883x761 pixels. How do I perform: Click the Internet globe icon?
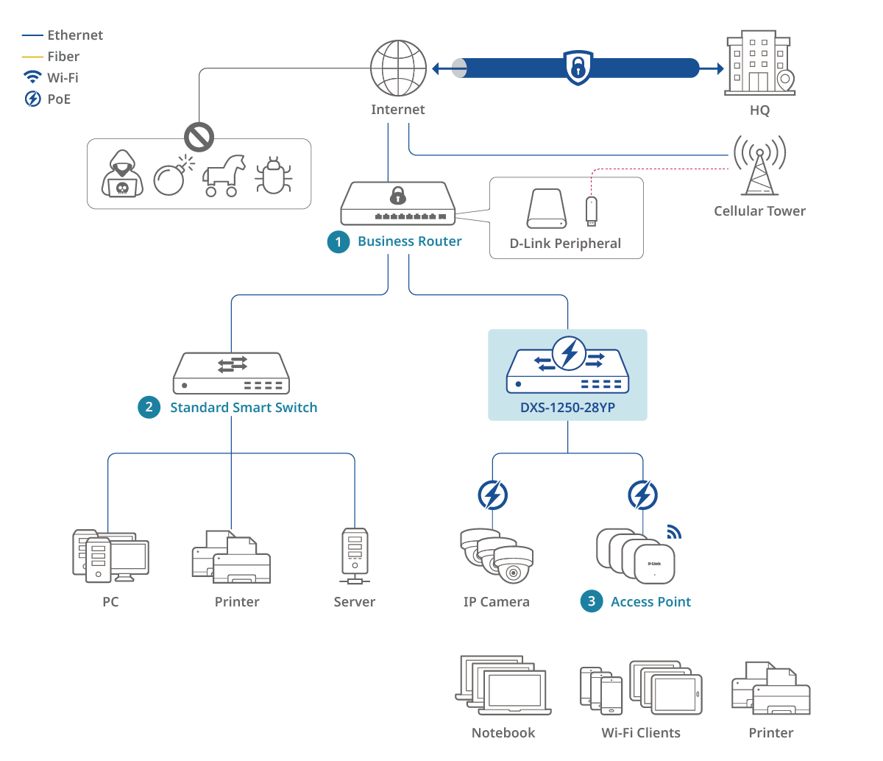(x=398, y=68)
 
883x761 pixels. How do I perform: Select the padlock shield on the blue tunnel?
(x=578, y=68)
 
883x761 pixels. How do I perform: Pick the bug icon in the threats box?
(x=274, y=176)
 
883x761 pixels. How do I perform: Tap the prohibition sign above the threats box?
(x=199, y=137)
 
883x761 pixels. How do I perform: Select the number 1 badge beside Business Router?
(x=338, y=242)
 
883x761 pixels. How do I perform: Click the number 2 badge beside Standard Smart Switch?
(x=149, y=407)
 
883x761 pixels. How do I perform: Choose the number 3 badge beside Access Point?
(x=592, y=601)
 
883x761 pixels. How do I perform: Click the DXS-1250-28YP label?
(x=567, y=407)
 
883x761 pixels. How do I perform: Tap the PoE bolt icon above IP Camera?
(x=492, y=495)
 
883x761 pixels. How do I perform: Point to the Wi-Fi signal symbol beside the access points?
(x=673, y=532)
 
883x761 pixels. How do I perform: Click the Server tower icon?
(x=355, y=556)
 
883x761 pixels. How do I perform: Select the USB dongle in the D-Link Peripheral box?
(x=590, y=210)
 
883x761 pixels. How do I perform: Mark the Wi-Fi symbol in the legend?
(x=32, y=77)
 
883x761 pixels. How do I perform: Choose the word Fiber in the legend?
(x=63, y=57)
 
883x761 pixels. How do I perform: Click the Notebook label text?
(x=503, y=732)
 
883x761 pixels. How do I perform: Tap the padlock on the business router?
(x=398, y=196)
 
